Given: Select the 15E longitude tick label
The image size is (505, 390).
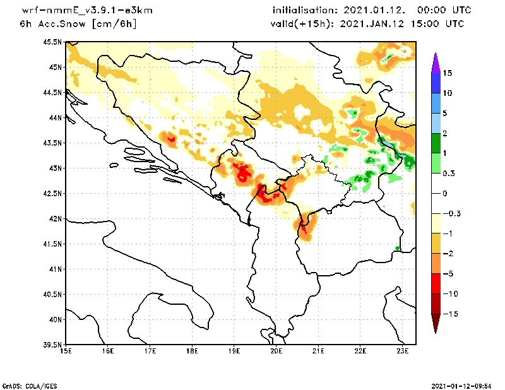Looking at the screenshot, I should (x=65, y=351).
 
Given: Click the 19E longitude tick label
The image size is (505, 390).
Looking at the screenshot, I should (x=234, y=351).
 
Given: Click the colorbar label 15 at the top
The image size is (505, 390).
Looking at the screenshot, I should (x=447, y=73).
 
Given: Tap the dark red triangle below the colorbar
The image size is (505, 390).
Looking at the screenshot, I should (x=435, y=323).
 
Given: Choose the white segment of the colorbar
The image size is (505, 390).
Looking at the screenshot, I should (x=435, y=193).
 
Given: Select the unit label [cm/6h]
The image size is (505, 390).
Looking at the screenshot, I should (x=114, y=24).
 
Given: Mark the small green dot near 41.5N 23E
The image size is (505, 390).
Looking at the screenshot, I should (x=397, y=248).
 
